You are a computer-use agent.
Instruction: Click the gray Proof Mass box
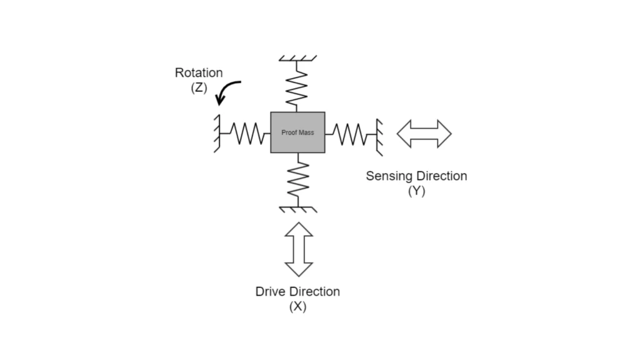pos(297,132)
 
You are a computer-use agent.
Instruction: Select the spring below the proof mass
pos(299,179)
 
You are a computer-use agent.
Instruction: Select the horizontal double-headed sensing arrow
pos(424,133)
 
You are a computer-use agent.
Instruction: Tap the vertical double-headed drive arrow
pos(298,249)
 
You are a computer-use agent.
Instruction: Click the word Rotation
pos(199,73)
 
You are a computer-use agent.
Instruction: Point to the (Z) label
pos(199,87)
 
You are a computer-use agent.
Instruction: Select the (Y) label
pos(416,191)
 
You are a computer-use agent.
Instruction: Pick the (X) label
pos(297,307)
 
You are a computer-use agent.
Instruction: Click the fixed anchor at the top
pos(297,59)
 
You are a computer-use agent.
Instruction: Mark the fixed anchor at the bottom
pos(299,208)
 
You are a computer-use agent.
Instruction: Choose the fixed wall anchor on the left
pos(217,133)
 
